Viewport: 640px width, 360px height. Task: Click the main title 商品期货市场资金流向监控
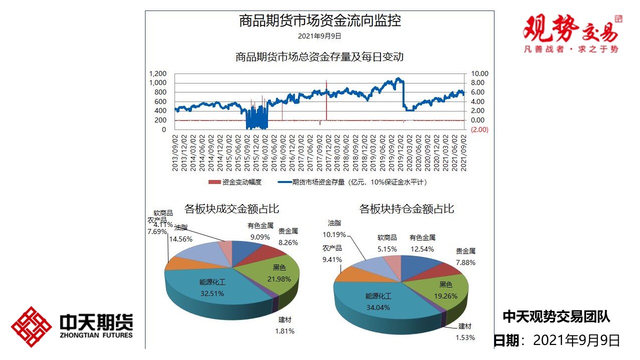[319, 21]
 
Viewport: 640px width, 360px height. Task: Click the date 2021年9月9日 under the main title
[319, 36]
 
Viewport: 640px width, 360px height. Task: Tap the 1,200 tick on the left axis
[158, 74]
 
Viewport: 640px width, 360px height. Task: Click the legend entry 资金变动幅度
[235, 182]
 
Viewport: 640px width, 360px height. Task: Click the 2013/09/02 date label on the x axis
[175, 152]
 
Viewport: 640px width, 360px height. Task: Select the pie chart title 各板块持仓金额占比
[406, 208]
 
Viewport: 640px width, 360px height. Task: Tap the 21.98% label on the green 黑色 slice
[279, 279]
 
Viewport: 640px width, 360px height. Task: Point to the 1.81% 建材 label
[284, 330]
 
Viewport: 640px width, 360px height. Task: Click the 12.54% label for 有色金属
[422, 249]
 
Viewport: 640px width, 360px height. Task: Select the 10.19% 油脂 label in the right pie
[334, 234]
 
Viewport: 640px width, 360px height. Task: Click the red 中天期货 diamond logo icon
[31, 327]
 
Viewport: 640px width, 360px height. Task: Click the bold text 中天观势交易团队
[556, 316]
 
